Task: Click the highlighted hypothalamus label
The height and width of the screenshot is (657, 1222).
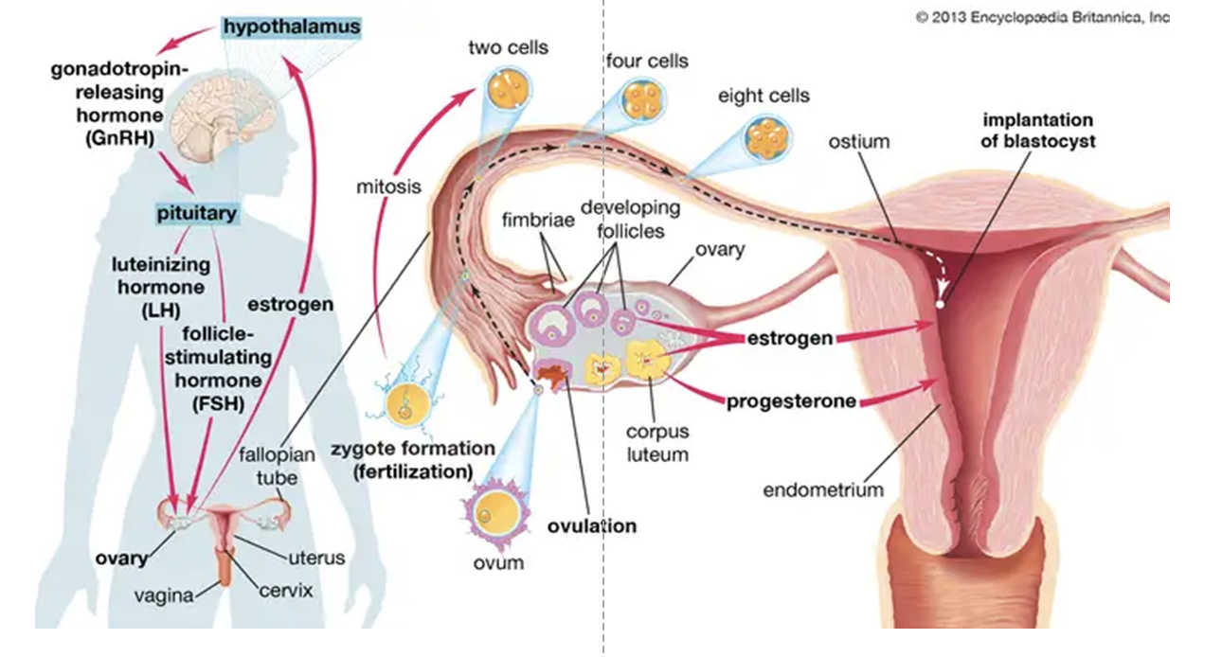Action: pyautogui.click(x=292, y=27)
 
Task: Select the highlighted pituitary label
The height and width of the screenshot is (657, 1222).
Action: pyautogui.click(x=197, y=213)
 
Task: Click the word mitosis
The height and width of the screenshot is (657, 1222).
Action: pyautogui.click(x=388, y=186)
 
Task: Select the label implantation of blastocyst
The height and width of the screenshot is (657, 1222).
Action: pyautogui.click(x=1037, y=131)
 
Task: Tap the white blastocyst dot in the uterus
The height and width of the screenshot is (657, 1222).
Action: pyautogui.click(x=940, y=305)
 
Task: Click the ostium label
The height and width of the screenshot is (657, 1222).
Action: pyautogui.click(x=859, y=142)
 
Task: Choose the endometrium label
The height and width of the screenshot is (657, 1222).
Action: pyautogui.click(x=822, y=489)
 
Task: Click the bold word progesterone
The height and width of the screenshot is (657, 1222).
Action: pyautogui.click(x=791, y=401)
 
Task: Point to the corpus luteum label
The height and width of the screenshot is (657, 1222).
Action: pyautogui.click(x=656, y=443)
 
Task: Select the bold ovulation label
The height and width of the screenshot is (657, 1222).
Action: pyautogui.click(x=592, y=525)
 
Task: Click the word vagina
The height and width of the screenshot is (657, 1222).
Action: pyautogui.click(x=162, y=595)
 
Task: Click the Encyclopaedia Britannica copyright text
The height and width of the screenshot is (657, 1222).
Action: pyautogui.click(x=1042, y=17)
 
